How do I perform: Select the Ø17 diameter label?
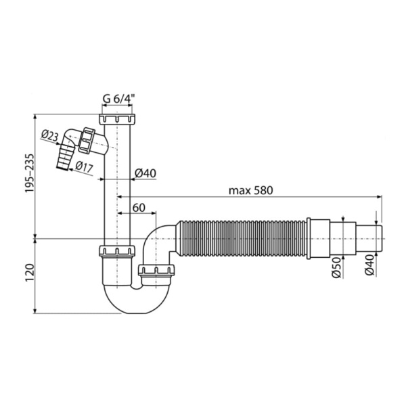[x=85, y=166]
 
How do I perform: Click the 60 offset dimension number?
[x=139, y=206]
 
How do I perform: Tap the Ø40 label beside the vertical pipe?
[x=145, y=173]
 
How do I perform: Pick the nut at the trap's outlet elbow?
[x=157, y=273]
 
